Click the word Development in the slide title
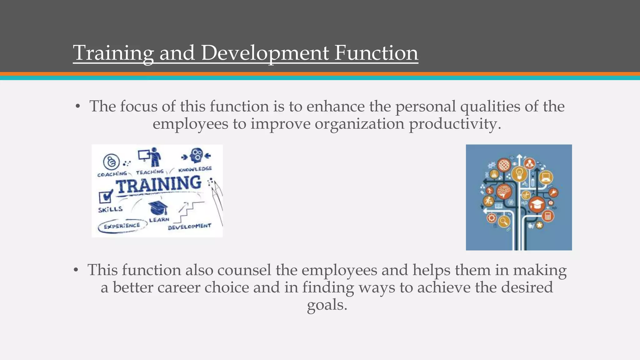[265, 53]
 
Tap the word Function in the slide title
[376, 53]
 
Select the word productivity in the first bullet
[455, 124]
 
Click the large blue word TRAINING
[159, 185]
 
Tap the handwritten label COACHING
[112, 174]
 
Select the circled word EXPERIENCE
[122, 226]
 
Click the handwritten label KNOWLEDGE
[195, 169]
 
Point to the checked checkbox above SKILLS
[106, 196]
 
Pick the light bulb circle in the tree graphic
[519, 173]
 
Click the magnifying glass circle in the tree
[503, 221]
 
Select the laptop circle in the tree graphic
[546, 177]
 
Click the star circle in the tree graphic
[539, 225]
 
